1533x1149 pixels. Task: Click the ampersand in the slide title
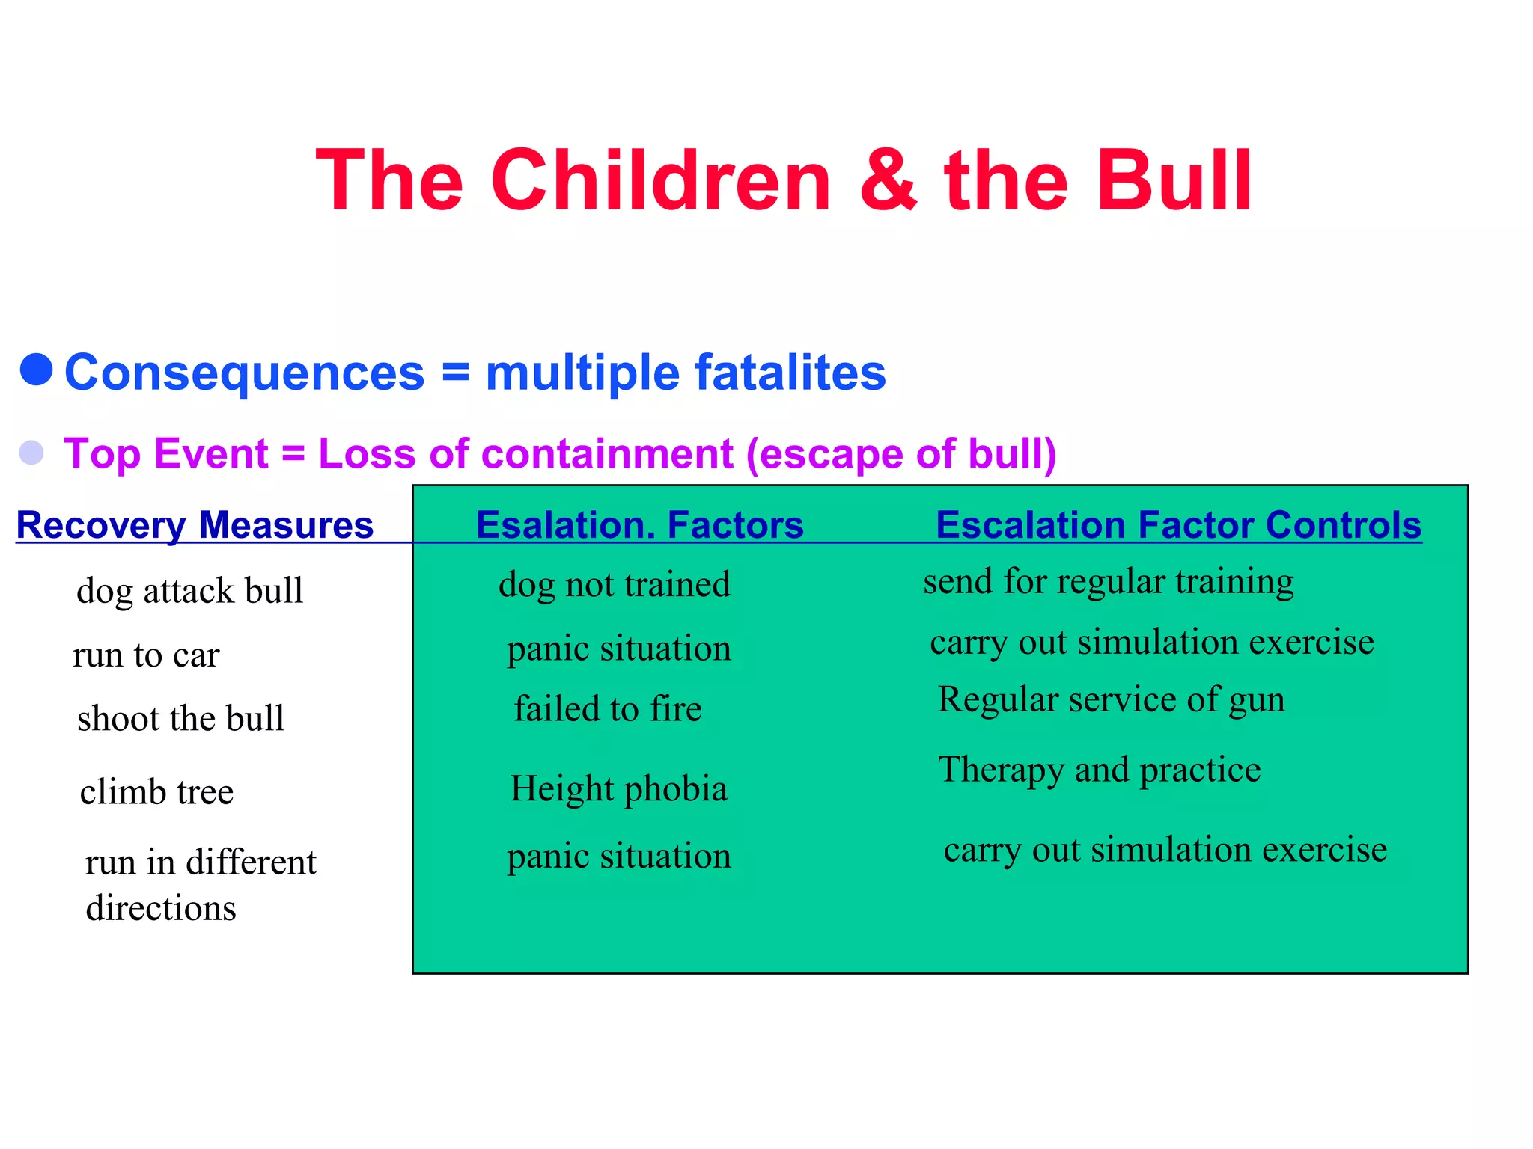coord(888,180)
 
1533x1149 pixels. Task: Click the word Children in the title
coord(660,180)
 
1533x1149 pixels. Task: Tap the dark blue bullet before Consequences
coord(36,370)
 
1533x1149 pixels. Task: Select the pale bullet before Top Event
coord(31,453)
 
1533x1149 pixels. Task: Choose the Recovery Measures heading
coord(195,524)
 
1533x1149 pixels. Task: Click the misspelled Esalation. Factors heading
coord(639,524)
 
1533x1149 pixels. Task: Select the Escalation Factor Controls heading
coord(1178,524)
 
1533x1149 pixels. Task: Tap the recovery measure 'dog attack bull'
coord(189,590)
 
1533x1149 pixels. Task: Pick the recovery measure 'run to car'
coord(146,655)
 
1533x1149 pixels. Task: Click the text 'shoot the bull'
coord(180,718)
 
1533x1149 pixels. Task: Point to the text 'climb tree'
coord(156,791)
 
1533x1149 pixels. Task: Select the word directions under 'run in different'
coord(161,908)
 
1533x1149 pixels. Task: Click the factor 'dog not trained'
coord(614,584)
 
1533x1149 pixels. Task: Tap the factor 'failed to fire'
coord(608,708)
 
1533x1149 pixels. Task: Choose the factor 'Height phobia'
coord(618,789)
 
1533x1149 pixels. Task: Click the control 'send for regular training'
coord(1108,582)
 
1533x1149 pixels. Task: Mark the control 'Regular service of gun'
coord(1111,699)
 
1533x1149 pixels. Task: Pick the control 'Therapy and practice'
coord(1099,770)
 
